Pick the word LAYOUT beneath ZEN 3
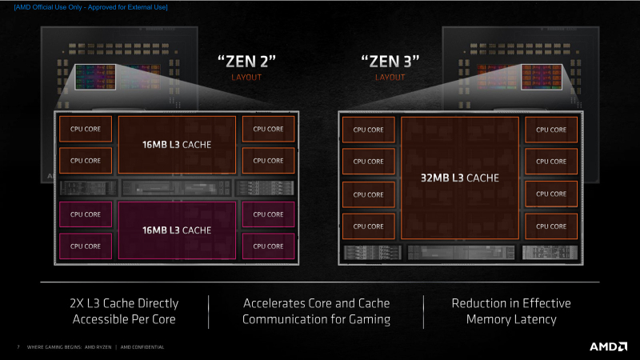pos(390,78)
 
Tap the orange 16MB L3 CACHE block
pos(177,145)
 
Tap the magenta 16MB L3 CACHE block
pos(177,230)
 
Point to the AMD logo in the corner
pos(607,346)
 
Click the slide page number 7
pos(18,347)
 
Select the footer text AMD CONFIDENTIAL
pos(144,347)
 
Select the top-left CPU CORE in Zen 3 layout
pos(368,130)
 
